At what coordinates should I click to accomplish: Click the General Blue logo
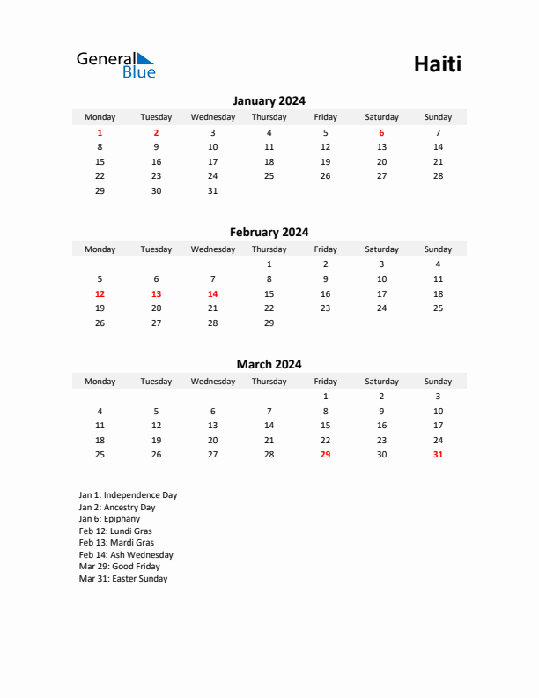(x=115, y=64)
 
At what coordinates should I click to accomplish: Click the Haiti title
(x=437, y=64)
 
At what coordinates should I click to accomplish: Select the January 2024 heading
(x=269, y=101)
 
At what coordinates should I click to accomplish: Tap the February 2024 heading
(x=269, y=233)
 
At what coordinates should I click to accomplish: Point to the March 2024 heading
(x=269, y=364)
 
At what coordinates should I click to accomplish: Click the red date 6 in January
(x=381, y=132)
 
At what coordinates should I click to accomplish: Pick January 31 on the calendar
(x=212, y=190)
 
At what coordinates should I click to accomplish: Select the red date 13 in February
(x=156, y=293)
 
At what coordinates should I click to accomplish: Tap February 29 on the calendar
(x=269, y=323)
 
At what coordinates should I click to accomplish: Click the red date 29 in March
(x=325, y=455)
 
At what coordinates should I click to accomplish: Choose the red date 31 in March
(x=438, y=455)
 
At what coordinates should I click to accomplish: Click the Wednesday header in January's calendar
(x=212, y=117)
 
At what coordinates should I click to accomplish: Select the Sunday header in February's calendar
(x=438, y=249)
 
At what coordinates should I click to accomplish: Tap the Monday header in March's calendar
(x=100, y=382)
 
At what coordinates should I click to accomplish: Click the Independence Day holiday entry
(x=128, y=495)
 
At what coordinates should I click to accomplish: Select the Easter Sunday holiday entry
(x=122, y=579)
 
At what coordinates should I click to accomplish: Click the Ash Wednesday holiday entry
(x=126, y=555)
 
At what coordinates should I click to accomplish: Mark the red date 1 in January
(x=100, y=132)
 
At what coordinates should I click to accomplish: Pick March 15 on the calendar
(x=325, y=425)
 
